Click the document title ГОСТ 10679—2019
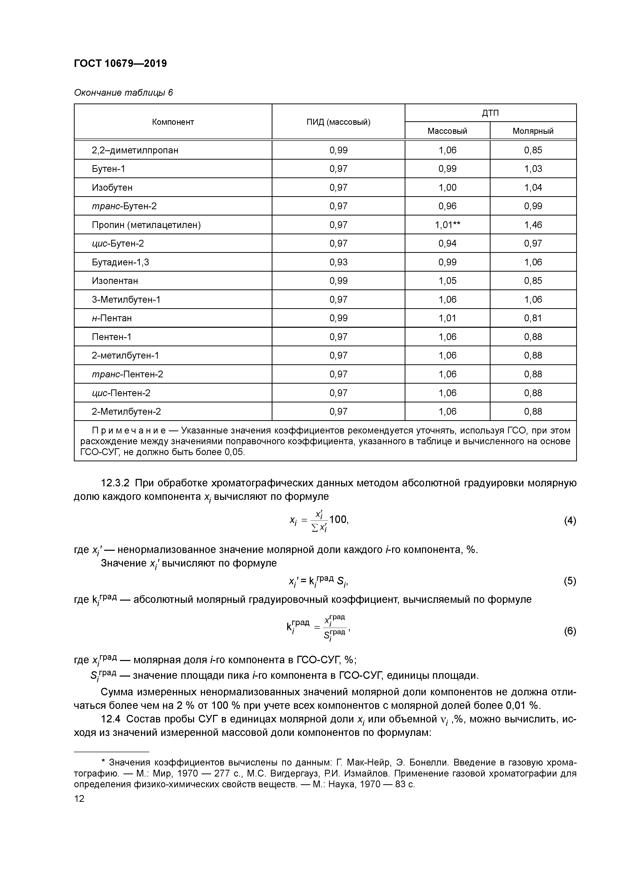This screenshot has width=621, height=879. [120, 64]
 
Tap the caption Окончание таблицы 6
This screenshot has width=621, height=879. [123, 93]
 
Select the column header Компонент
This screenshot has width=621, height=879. [173, 122]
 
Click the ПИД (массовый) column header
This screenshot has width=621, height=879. [338, 122]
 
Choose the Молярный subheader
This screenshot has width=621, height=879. [533, 131]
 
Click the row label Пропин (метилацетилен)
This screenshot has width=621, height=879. [146, 225]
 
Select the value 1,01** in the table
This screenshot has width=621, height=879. [447, 225]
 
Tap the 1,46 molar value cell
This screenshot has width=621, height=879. [533, 225]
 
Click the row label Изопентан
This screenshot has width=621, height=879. [115, 281]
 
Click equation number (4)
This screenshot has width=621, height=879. [570, 521]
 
